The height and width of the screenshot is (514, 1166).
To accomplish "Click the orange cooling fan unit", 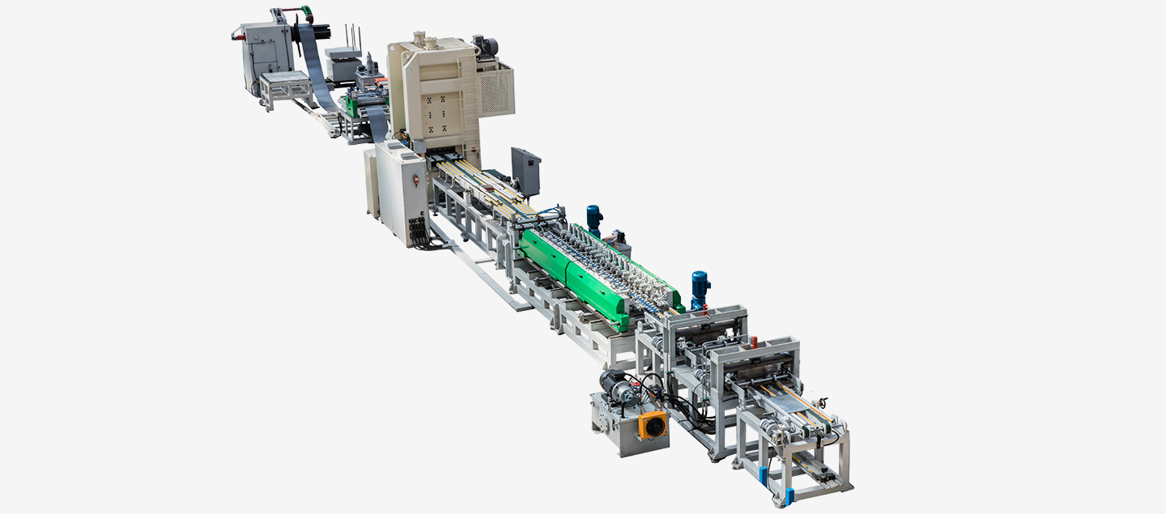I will [x=653, y=424].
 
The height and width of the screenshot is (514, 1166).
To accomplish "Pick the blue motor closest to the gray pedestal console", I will [x=594, y=219].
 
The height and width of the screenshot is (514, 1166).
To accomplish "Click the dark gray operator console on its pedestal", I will [x=526, y=170].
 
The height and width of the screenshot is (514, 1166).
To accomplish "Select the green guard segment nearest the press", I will [x=546, y=255].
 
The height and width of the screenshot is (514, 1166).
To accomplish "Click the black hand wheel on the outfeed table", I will [x=824, y=401].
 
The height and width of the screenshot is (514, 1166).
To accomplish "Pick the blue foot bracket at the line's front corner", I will [x=789, y=495].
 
